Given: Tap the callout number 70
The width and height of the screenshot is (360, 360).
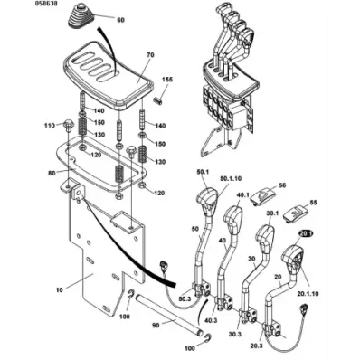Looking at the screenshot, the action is [150, 55].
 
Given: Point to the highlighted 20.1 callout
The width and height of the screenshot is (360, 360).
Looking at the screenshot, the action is [305, 233].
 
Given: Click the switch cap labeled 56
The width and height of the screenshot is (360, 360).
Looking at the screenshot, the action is [262, 195].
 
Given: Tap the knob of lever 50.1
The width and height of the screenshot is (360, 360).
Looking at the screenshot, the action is [207, 197].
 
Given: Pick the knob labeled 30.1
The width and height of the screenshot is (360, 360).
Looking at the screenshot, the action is [265, 237].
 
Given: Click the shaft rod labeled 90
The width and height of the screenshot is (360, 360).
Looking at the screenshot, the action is [168, 314].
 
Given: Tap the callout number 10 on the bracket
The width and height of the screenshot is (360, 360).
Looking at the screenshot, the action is [59, 289].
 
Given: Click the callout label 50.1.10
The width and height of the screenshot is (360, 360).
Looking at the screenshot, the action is [231, 178].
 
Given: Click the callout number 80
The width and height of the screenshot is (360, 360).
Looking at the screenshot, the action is [52, 173].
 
